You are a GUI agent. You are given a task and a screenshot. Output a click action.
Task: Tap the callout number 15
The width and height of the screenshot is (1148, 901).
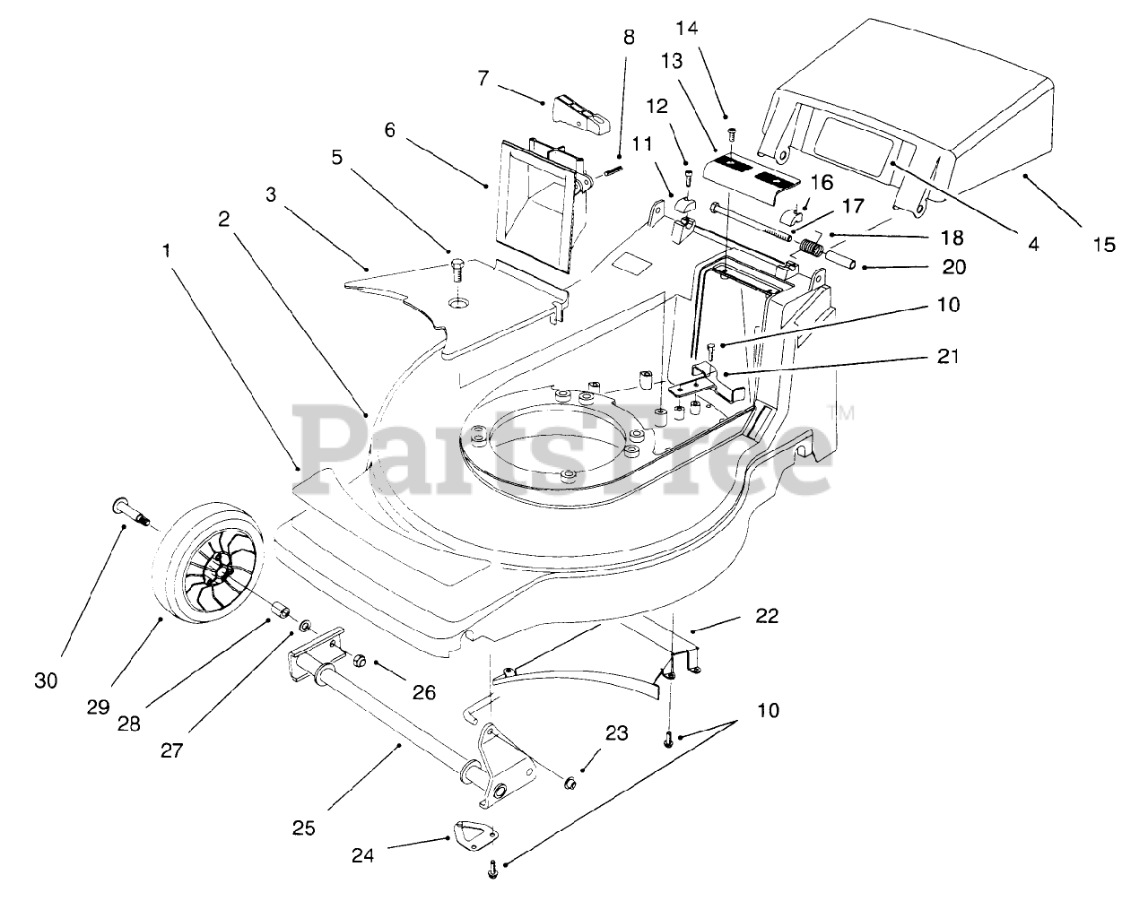click(1104, 243)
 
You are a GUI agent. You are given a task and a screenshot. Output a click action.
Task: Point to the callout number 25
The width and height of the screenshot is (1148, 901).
click(304, 827)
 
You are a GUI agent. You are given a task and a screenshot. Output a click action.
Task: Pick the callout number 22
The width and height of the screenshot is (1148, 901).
click(767, 616)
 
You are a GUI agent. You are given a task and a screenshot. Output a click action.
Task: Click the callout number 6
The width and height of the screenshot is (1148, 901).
click(389, 130)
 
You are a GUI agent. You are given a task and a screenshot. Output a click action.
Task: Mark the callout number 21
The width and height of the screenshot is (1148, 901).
click(949, 356)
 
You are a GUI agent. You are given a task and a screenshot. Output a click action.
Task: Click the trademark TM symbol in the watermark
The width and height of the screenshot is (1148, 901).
click(844, 413)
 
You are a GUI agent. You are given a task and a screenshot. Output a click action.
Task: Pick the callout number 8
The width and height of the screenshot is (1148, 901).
click(628, 38)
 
